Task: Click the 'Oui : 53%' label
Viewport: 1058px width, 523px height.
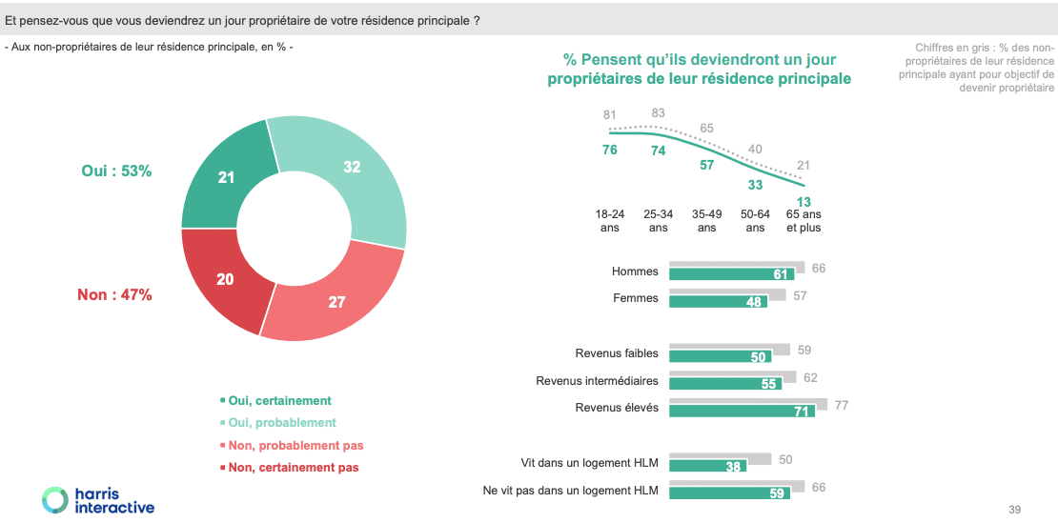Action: click(117, 171)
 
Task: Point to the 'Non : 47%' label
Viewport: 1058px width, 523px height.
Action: click(114, 294)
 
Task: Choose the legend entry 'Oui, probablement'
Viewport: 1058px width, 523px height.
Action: click(282, 422)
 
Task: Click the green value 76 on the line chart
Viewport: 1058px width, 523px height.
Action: click(610, 150)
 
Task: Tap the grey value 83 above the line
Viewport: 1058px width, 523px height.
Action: click(658, 113)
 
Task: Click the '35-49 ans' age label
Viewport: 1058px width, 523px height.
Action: click(706, 221)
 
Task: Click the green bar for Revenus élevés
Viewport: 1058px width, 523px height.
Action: click(742, 411)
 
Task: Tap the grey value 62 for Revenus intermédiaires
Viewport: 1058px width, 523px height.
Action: click(810, 377)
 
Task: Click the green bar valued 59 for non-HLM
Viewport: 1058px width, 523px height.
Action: click(730, 493)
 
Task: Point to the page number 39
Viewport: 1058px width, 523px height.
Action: click(1014, 510)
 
